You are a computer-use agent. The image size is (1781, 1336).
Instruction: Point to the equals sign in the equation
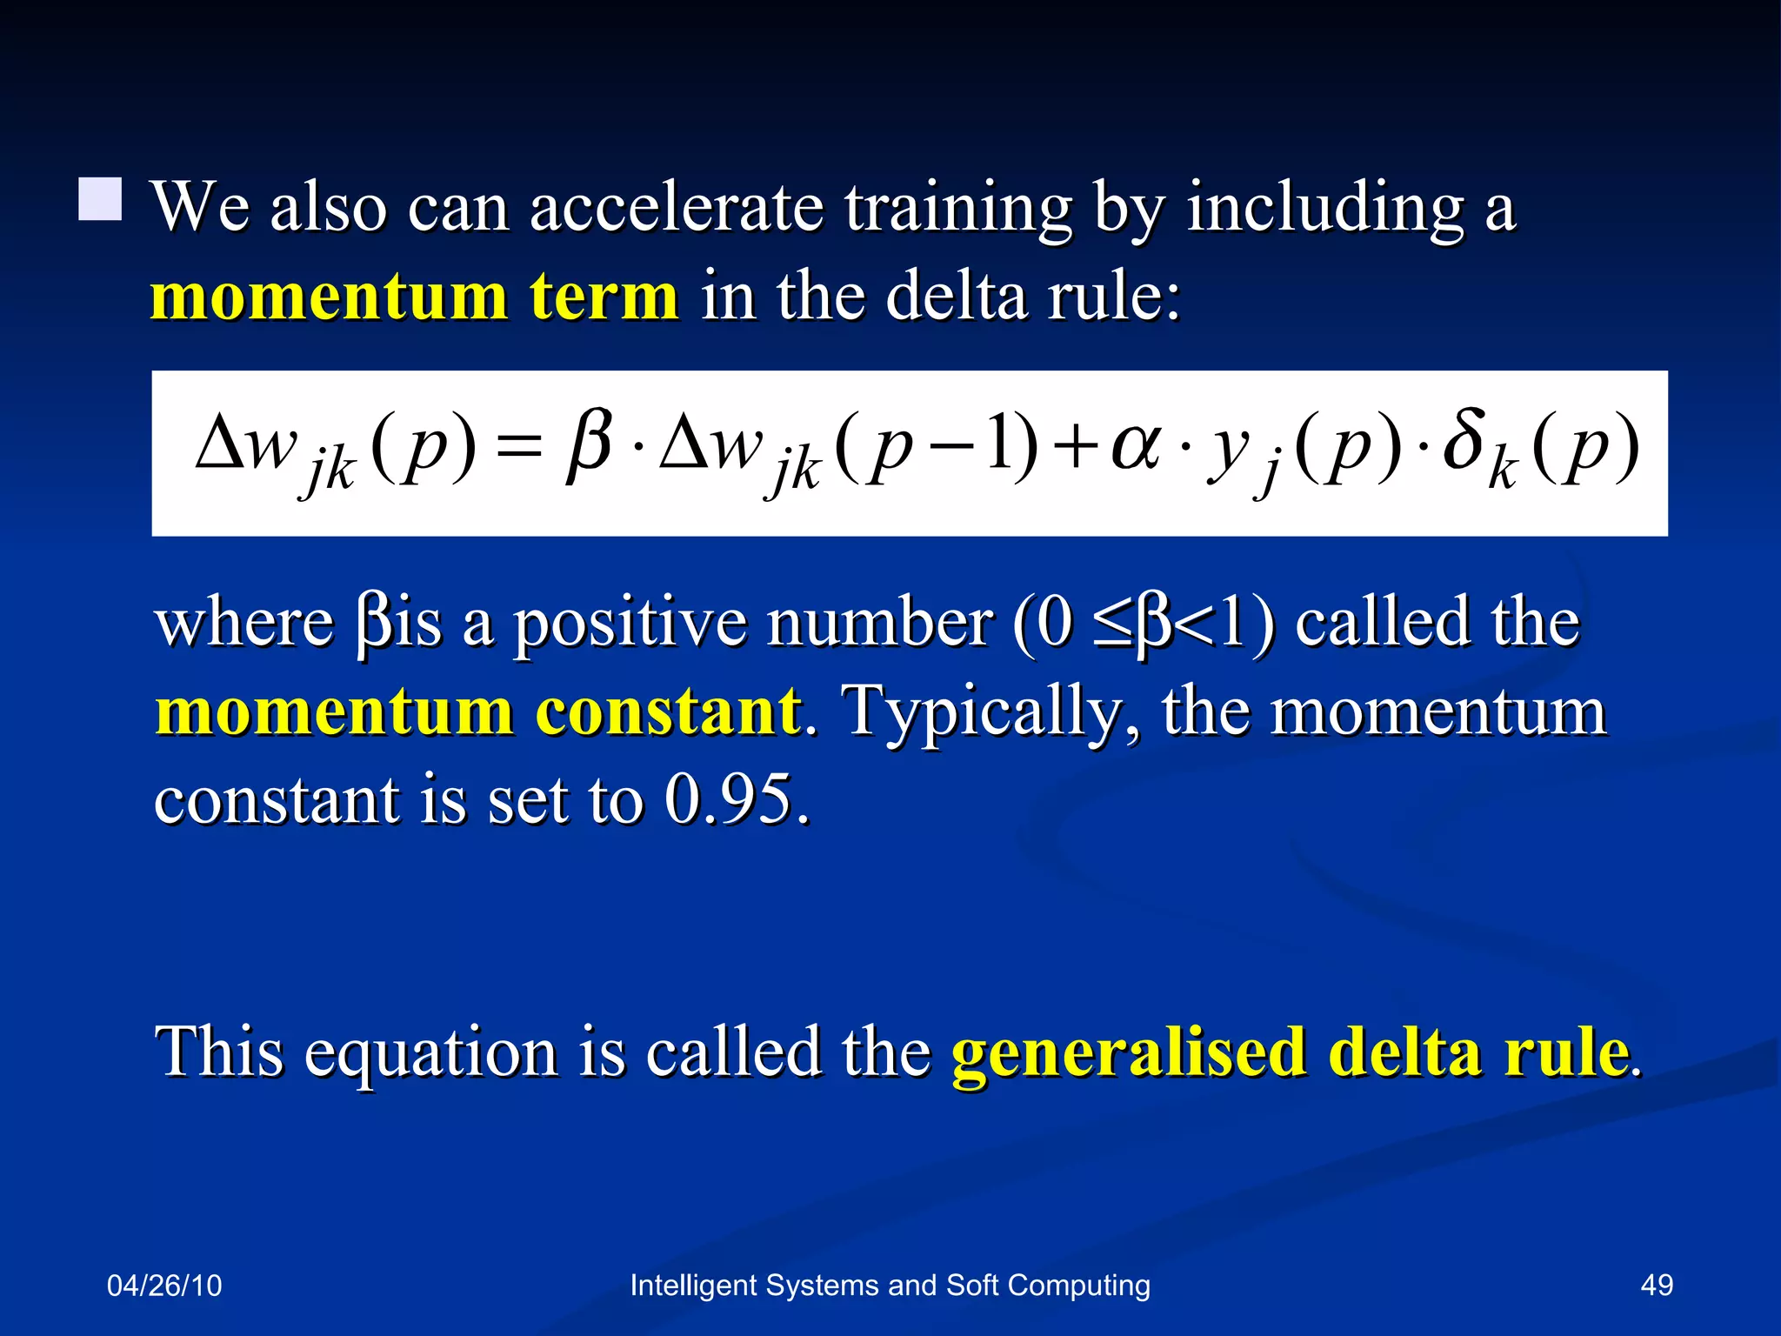coord(521,450)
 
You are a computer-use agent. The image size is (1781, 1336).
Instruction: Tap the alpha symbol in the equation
coord(1136,450)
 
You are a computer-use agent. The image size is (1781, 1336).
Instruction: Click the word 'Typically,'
coord(991,711)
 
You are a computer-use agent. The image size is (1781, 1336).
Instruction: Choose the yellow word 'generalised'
coord(1129,1052)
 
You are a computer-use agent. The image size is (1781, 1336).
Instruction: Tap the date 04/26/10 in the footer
coord(164,1285)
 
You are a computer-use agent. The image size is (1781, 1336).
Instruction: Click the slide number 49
coord(1656,1285)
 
